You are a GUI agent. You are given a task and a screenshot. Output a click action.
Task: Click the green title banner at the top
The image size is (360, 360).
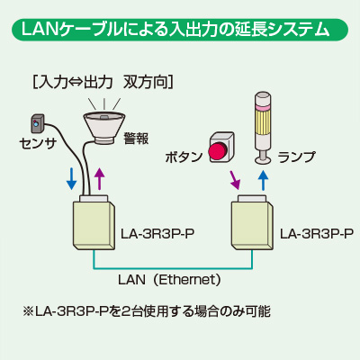click(x=180, y=30)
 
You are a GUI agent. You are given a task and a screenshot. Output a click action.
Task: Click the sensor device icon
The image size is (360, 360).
click(x=38, y=123)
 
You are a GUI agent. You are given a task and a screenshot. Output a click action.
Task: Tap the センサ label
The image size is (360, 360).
click(x=38, y=143)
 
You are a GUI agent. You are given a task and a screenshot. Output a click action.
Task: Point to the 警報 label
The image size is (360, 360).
click(x=136, y=139)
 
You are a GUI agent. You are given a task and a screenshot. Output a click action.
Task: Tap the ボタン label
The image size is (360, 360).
click(x=184, y=157)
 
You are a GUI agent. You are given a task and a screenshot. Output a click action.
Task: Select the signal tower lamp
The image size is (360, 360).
click(x=263, y=129)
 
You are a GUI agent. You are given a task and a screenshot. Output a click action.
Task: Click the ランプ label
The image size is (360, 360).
click(x=296, y=157)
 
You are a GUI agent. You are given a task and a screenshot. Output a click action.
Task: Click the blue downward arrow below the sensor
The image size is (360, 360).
click(x=71, y=179)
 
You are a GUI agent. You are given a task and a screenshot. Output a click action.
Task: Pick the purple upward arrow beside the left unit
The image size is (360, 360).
click(x=99, y=179)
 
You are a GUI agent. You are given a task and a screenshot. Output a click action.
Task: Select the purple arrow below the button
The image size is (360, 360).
click(x=235, y=180)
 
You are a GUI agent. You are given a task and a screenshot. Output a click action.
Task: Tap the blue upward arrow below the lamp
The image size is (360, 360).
click(x=263, y=180)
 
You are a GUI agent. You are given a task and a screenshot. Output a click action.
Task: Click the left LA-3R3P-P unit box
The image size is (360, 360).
click(x=94, y=222)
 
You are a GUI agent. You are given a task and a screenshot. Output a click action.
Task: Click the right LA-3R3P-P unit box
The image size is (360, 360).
click(x=252, y=222)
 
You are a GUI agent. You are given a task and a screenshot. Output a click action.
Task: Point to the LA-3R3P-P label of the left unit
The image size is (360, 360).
click(x=157, y=234)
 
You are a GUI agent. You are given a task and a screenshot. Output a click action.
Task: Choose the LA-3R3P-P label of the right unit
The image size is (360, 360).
click(x=317, y=233)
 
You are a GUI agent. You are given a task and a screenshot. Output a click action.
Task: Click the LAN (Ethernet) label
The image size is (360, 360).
click(x=170, y=280)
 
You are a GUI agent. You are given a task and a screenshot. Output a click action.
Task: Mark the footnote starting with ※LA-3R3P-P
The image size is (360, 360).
click(x=147, y=311)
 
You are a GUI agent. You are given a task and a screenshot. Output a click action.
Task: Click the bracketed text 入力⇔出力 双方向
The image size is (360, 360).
click(x=103, y=82)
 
